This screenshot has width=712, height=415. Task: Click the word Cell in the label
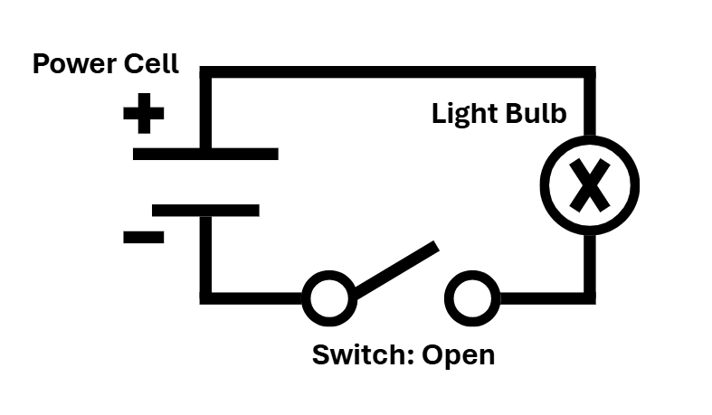pyautogui.click(x=151, y=63)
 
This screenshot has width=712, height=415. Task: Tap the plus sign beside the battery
pyautogui.click(x=144, y=113)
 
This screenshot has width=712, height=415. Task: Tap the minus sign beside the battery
pyautogui.click(x=144, y=237)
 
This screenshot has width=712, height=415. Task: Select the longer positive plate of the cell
pyautogui.click(x=205, y=154)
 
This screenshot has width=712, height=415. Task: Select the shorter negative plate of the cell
pyautogui.click(x=205, y=211)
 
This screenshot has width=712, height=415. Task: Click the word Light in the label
pyautogui.click(x=464, y=113)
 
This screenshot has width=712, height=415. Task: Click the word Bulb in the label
pyautogui.click(x=536, y=113)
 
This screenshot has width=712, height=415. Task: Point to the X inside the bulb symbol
pyautogui.click(x=590, y=185)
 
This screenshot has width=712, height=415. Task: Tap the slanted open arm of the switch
pyautogui.click(x=396, y=270)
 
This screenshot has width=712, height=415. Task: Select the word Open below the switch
pyautogui.click(x=458, y=355)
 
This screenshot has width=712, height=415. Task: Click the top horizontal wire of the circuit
pyautogui.click(x=398, y=72)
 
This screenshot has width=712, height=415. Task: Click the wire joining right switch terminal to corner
pyautogui.click(x=548, y=298)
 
